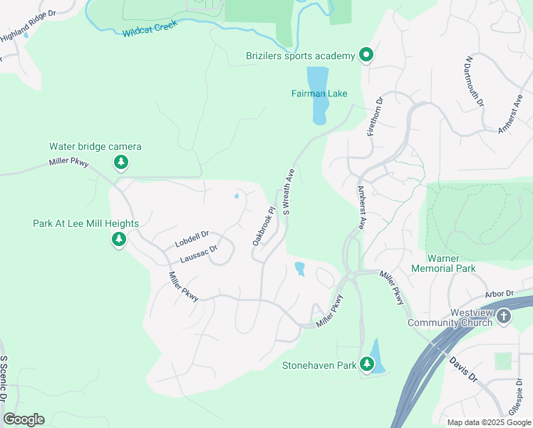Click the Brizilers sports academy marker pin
[366, 55]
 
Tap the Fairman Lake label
[319, 93]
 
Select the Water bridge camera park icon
[121, 163]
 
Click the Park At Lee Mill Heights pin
[119, 239]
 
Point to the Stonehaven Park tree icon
[367, 365]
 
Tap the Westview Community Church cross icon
[504, 316]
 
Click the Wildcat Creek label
[149, 29]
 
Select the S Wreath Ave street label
[289, 192]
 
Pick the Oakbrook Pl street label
[263, 227]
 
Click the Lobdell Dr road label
[191, 239]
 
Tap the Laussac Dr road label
[197, 253]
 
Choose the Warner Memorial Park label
[443, 263]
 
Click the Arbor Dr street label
[500, 293]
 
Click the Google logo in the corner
[24, 419]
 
